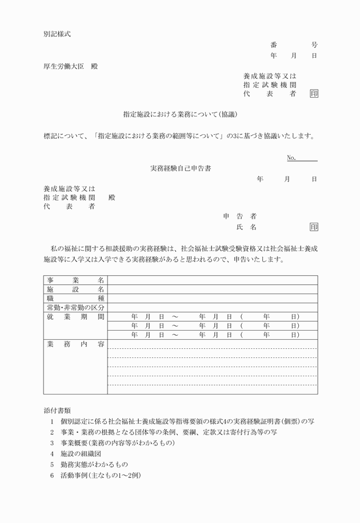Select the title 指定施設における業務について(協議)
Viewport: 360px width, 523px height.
(x=179, y=114)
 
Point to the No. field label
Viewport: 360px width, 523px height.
(x=291, y=158)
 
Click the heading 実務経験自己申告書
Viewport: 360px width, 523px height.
(x=179, y=168)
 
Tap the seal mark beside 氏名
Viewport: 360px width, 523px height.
(x=314, y=227)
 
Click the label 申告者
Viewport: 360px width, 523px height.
(x=239, y=216)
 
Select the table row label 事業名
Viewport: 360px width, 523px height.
(x=75, y=280)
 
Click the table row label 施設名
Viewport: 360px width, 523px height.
(x=75, y=289)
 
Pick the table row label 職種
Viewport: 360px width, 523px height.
(x=75, y=298)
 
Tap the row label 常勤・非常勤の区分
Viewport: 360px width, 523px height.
(x=75, y=307)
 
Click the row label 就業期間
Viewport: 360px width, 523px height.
(x=75, y=316)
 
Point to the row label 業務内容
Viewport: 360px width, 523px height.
(x=75, y=344)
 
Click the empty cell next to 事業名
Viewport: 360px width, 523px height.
(x=212, y=280)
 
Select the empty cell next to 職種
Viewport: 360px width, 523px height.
(x=212, y=298)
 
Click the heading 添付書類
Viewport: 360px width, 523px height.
(x=57, y=410)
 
